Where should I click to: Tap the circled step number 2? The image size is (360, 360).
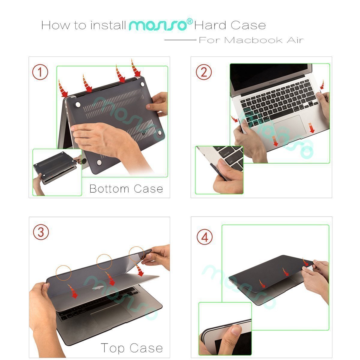tap(204, 72)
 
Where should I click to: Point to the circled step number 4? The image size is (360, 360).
tap(205, 237)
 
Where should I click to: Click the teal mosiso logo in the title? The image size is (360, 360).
tap(158, 25)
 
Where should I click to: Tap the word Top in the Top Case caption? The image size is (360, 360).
tap(113, 348)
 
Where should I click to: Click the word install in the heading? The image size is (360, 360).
tap(108, 25)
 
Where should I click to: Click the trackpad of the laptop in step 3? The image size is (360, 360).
tap(111, 314)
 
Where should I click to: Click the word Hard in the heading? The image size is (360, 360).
tap(207, 25)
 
